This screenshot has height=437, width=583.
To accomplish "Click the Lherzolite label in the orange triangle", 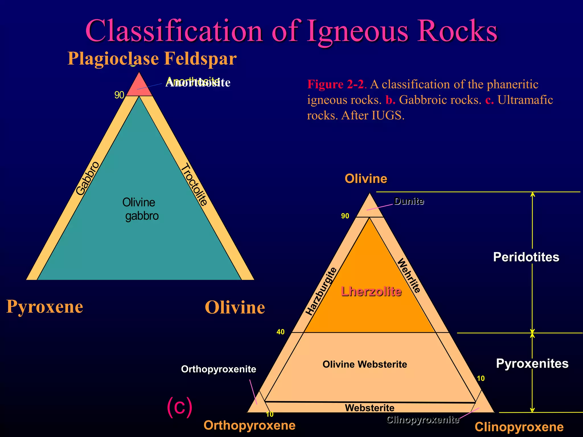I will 371,292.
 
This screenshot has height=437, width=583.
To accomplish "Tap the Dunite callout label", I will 409,201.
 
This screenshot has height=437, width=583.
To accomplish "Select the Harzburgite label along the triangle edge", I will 321,292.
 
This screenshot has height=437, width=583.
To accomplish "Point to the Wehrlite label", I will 409,275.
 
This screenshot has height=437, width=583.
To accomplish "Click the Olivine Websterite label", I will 365,364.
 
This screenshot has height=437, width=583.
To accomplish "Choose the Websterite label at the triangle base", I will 369,408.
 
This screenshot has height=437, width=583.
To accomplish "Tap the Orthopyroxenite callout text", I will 218,369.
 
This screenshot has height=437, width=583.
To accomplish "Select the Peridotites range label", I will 526,257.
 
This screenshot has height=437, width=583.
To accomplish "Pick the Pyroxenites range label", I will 532,364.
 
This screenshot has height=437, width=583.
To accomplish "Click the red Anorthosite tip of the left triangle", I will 139,86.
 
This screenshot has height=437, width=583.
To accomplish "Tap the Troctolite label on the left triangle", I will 194,184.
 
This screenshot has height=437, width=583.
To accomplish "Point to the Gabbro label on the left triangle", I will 88,178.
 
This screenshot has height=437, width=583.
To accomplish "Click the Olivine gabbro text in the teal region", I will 140,209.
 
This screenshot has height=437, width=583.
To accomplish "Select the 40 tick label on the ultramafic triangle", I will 280,332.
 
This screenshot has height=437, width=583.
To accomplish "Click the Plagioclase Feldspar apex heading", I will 152,59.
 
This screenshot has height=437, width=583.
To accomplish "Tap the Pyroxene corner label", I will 45,307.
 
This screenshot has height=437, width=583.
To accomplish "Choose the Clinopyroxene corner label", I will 519,427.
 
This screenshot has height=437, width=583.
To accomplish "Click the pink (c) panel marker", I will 179,407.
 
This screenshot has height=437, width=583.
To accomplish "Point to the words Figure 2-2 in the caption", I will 335,84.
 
